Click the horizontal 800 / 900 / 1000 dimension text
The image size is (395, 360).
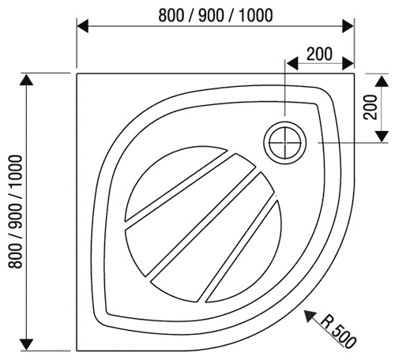tap(215, 15)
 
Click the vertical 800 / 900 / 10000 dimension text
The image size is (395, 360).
tap(15, 212)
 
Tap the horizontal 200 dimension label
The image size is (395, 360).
tap(319, 54)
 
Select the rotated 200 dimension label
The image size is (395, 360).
tap(371, 107)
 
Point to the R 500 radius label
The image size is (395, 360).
tap(338, 331)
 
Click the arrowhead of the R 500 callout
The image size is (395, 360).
tap(310, 316)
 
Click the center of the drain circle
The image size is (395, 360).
tap(285, 143)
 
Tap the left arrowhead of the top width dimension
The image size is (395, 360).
tap(82, 26)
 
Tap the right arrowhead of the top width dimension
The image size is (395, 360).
tap(348, 26)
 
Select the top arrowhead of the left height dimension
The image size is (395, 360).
tap(26, 80)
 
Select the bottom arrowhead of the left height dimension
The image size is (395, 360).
tap(26, 344)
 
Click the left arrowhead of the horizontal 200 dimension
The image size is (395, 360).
tap(292, 63)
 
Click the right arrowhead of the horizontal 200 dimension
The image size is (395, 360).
tap(348, 63)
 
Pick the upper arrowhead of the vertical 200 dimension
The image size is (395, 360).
tap(382, 81)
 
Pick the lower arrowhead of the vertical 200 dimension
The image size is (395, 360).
tap(382, 137)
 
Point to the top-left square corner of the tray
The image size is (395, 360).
tap(77, 74)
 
